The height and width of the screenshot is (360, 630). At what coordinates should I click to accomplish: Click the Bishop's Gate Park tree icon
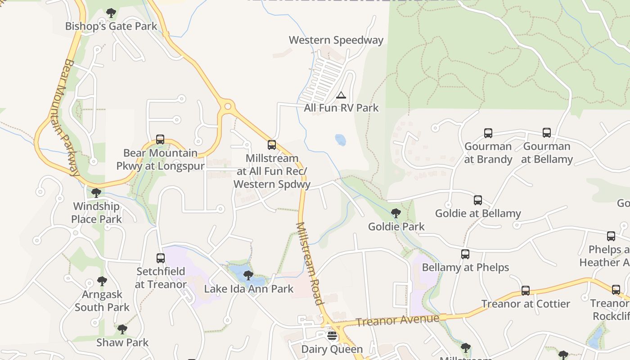111,13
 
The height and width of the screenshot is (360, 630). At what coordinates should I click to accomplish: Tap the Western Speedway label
336,40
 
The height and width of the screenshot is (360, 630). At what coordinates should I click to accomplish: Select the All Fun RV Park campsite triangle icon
341,95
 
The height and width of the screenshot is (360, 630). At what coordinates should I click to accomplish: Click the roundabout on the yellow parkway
228,107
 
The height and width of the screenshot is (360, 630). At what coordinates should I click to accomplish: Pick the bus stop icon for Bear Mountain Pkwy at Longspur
160,139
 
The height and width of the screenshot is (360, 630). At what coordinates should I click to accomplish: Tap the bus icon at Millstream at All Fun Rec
272,145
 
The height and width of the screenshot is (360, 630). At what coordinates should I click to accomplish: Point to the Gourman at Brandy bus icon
488,133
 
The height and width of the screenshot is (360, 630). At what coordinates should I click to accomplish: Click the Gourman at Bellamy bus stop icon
547,133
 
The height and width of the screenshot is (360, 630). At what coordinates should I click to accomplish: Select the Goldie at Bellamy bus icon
478,200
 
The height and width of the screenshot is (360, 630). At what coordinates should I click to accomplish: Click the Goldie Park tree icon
396,213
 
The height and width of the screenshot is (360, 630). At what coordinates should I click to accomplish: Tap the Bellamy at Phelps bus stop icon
465,254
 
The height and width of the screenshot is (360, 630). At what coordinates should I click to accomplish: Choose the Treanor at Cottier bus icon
526,291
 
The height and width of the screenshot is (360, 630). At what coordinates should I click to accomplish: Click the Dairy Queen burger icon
332,336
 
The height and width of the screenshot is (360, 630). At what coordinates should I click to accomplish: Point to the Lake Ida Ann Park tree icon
248,275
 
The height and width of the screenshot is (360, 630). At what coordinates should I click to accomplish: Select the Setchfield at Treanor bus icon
161,258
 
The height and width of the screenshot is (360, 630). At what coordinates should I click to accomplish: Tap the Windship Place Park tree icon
96,193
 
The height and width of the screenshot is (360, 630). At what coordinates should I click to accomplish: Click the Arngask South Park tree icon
102,281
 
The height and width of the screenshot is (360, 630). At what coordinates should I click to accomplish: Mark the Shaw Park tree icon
122,329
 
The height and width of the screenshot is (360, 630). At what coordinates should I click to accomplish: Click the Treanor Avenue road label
397,320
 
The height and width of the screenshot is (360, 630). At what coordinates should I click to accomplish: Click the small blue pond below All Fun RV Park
341,140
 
